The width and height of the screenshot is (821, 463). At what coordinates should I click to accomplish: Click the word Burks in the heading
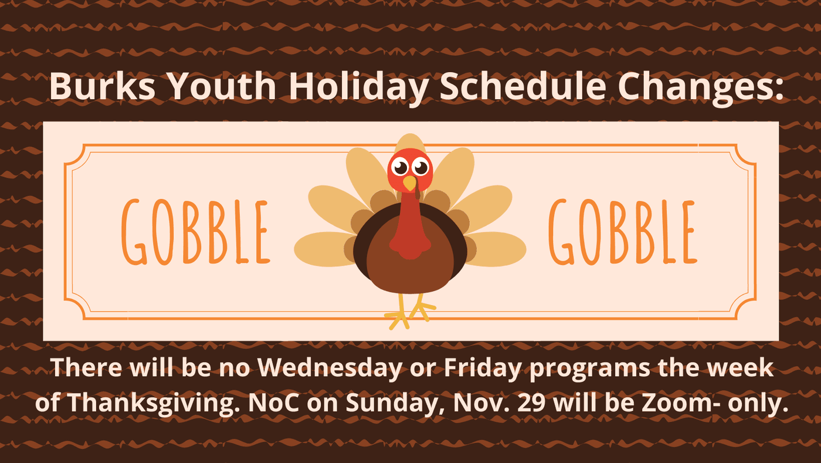tap(103, 86)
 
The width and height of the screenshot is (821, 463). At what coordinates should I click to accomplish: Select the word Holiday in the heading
tap(359, 88)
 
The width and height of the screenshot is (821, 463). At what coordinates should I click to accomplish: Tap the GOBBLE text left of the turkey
tap(196, 232)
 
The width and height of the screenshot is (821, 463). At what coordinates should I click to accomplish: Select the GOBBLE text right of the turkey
tap(623, 232)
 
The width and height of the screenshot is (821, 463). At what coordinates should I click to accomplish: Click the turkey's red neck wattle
tap(410, 228)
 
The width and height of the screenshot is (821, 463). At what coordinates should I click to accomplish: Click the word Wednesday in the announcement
tap(330, 367)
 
